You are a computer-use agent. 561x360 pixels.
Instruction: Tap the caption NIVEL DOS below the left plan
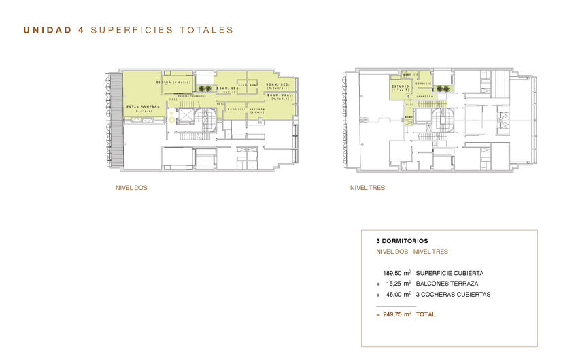click(131, 187)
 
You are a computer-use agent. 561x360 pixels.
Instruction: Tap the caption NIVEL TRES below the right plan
click(367, 187)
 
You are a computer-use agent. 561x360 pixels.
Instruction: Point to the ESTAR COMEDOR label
click(143, 108)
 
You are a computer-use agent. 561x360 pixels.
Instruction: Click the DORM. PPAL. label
click(279, 96)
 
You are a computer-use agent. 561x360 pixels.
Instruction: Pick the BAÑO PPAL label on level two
click(236, 110)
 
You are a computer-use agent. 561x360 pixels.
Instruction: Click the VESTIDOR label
click(257, 110)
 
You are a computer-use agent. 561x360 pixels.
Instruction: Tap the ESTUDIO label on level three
click(400, 87)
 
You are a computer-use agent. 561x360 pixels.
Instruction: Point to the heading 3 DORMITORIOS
click(402, 241)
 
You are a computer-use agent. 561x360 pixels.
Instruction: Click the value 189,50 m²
click(397, 273)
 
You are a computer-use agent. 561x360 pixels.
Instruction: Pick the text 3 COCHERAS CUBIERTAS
click(453, 295)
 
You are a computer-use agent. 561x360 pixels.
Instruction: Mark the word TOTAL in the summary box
click(426, 314)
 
